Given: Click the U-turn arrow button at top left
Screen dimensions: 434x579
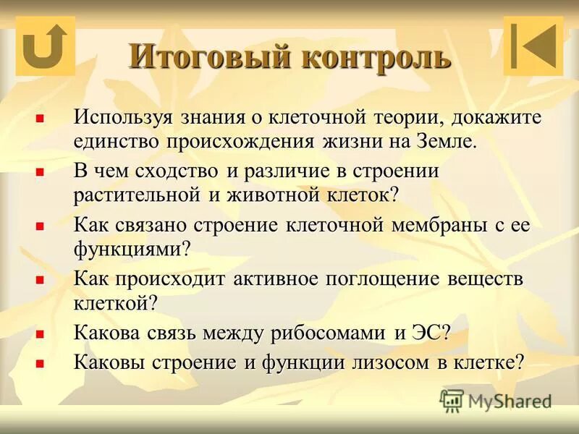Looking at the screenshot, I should [45, 45].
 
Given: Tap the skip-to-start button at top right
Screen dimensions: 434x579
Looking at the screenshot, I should [533, 46].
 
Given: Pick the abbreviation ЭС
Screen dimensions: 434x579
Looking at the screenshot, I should [432, 333].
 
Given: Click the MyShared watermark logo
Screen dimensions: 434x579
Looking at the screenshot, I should [496, 399].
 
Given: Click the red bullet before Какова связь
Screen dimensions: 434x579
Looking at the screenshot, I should [41, 333].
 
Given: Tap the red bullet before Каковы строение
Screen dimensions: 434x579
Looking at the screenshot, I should [41, 362].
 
